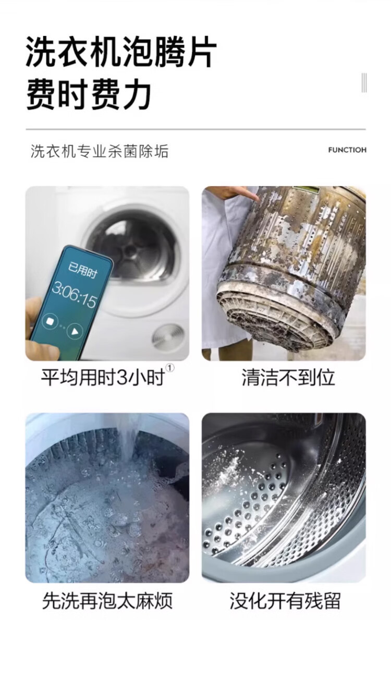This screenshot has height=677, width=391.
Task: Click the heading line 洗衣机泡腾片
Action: (121, 52)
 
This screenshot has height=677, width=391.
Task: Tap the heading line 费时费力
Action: (89, 95)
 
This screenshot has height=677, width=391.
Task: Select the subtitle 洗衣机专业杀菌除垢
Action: (100, 152)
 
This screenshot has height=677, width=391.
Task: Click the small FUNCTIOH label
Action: (347, 150)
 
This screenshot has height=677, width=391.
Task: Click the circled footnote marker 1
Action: (170, 368)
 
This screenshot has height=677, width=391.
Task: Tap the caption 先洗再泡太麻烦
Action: (107, 601)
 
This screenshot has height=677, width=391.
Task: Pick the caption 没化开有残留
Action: (285, 601)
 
